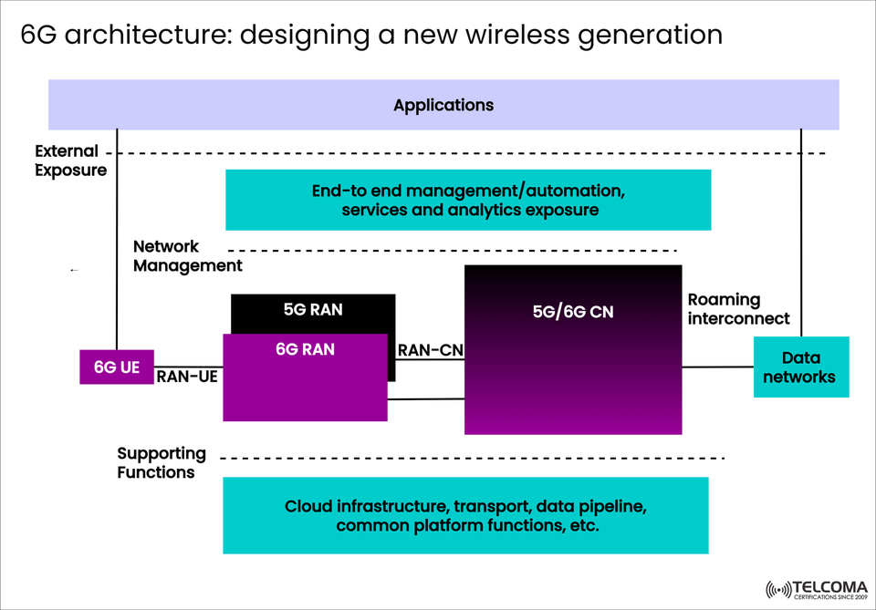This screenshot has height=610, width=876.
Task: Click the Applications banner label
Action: coord(443,105)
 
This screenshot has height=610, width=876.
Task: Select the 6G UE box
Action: coord(117,367)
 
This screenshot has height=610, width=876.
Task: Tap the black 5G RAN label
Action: coord(313,309)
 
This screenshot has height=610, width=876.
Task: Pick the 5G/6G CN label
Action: coord(573,312)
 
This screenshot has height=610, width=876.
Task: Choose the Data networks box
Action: coord(800,367)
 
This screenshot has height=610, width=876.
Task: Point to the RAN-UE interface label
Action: coord(187,376)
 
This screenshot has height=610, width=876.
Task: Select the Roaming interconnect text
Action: coord(738,309)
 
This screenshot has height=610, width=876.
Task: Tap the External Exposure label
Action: coord(71,160)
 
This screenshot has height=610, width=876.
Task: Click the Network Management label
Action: coord(187,256)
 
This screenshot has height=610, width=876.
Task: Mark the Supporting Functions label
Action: coord(162,462)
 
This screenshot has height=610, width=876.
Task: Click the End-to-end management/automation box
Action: coord(467,201)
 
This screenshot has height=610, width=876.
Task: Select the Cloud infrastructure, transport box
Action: coord(465,515)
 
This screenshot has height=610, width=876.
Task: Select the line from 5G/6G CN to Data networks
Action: coord(717,367)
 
